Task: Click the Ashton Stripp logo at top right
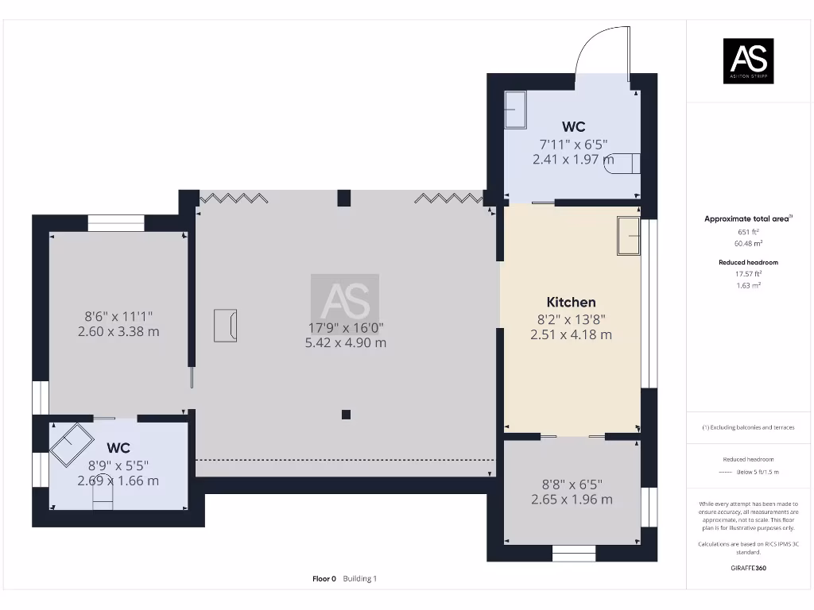[x=747, y=61]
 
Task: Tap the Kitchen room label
[x=571, y=302]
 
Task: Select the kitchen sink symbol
[x=628, y=237]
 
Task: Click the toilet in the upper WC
[x=626, y=162]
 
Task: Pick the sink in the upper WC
[x=515, y=109]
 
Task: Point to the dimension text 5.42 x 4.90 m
[x=346, y=343]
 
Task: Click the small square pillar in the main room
[x=346, y=414]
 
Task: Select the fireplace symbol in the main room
[x=225, y=326]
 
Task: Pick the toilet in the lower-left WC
[x=103, y=497]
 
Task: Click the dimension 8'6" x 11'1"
[x=118, y=315]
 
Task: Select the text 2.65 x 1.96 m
[x=572, y=500]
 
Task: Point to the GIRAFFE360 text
[x=747, y=568]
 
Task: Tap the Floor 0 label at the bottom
[x=324, y=579]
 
